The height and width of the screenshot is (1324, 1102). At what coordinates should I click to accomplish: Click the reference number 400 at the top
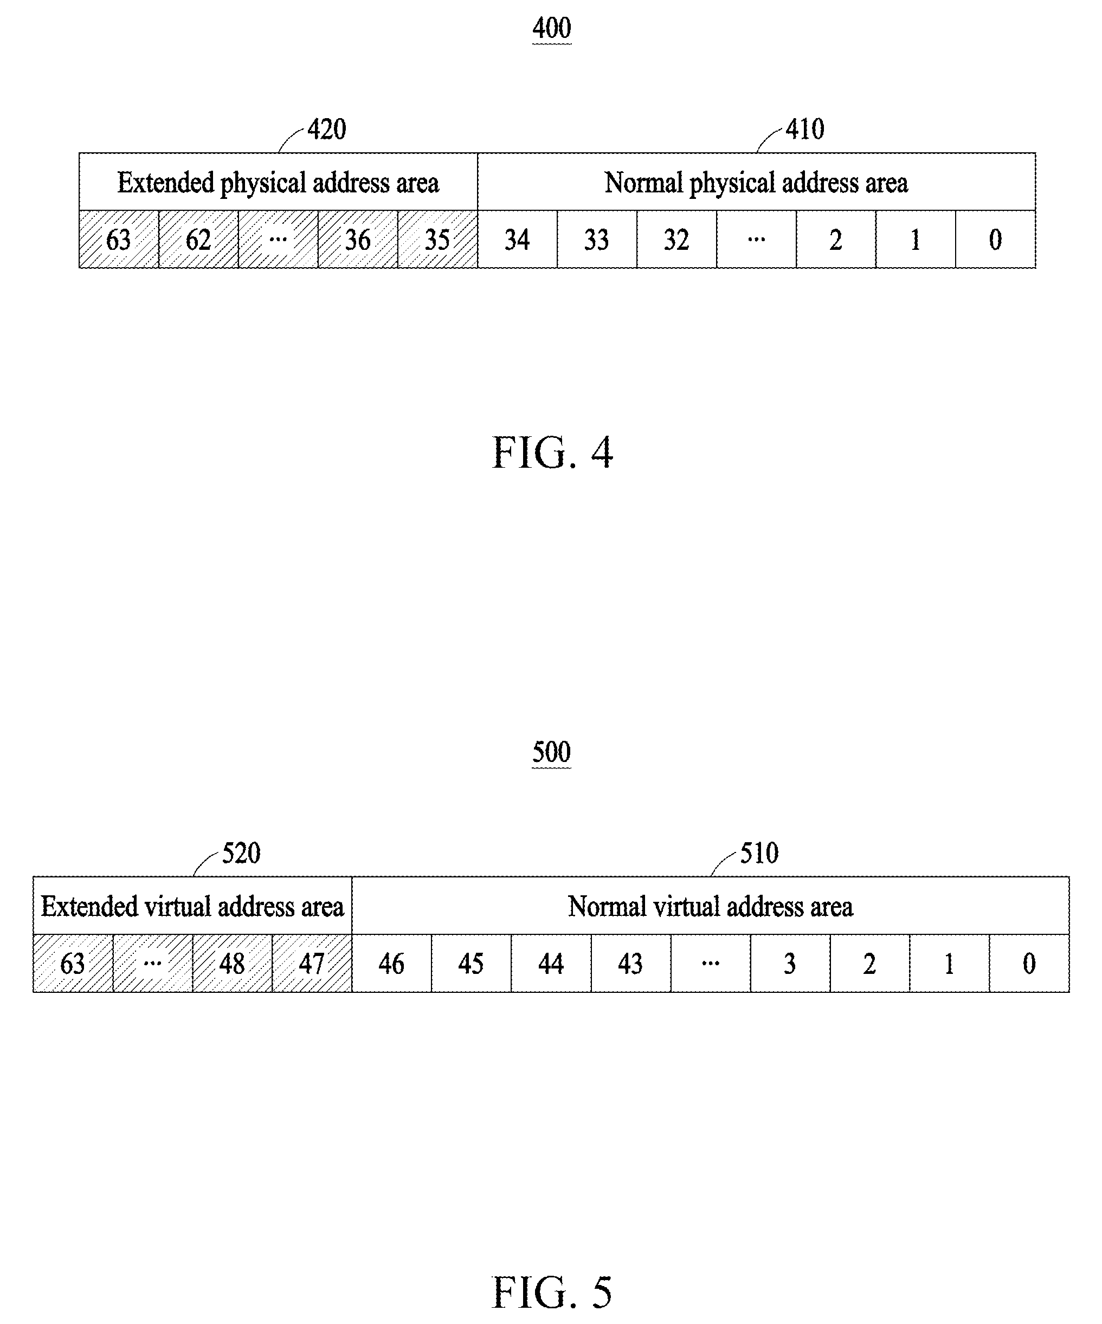coord(552,28)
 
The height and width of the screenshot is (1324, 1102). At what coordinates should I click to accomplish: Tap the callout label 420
coord(326,129)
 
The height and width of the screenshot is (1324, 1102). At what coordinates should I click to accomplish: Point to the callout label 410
coord(804,129)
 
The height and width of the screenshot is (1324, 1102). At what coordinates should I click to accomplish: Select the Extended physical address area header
coord(278,182)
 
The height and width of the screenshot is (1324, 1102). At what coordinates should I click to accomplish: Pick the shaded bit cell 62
coord(198,239)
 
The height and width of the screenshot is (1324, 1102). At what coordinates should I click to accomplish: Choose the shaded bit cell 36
coord(357,239)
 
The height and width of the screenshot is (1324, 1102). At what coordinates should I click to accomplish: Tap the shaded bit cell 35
coord(437,239)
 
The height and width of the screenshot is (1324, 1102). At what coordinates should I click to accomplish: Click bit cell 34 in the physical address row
coord(517,239)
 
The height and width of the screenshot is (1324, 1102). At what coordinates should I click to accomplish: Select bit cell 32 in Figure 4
coord(676,239)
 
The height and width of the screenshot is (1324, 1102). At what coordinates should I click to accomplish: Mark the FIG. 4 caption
coord(552,453)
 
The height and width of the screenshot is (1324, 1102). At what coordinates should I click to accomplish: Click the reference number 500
coord(552,752)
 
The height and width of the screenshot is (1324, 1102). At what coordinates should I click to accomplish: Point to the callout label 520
coord(241,853)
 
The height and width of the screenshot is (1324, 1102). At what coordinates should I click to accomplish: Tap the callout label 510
coord(759,853)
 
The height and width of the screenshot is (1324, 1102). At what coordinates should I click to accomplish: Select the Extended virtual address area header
coord(192,906)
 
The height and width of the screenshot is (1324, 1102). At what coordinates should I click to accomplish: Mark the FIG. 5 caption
coord(552,1292)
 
